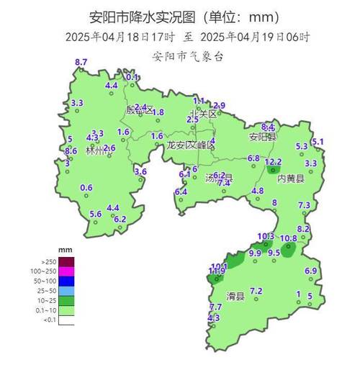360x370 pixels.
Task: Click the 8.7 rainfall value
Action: pos(81,63)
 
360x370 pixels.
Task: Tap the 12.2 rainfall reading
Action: pos(273,162)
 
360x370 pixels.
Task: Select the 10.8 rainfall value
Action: pos(288,238)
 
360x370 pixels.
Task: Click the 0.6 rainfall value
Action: pos(86,188)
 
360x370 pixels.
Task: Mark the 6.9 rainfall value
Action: pos(311,271)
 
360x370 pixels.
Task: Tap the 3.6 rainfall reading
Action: pos(140,171)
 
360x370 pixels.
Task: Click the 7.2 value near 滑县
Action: pos(256,291)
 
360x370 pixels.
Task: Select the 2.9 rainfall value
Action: pos(219,106)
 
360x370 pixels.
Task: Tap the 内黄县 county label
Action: pos(291,179)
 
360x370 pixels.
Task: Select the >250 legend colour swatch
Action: pos(67,261)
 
